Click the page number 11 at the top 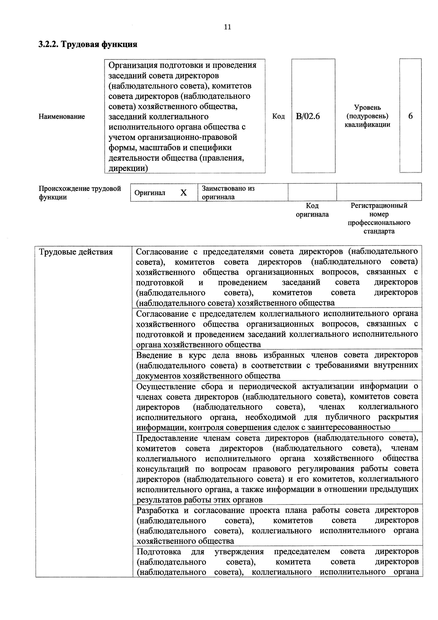pyautogui.click(x=227, y=27)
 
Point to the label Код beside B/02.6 pyautogui.click(x=278, y=116)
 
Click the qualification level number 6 pyautogui.click(x=410, y=116)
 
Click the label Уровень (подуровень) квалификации pyautogui.click(x=367, y=116)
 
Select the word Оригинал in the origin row pyautogui.click(x=150, y=193)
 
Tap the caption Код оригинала pyautogui.click(x=312, y=210)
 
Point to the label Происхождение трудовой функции pyautogui.click(x=80, y=193)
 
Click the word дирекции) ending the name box pyautogui.click(x=128, y=168)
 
